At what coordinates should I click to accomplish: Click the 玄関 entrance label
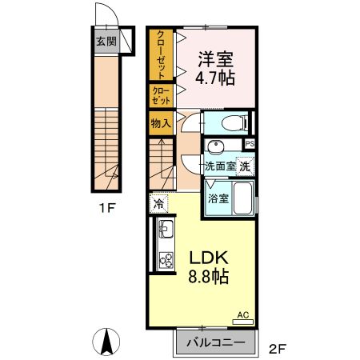click(x=106, y=42)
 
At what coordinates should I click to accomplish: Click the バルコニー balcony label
click(x=214, y=342)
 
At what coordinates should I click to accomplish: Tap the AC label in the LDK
click(x=242, y=316)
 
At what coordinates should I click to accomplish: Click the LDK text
click(x=209, y=258)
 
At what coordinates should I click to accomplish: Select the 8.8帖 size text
click(x=210, y=278)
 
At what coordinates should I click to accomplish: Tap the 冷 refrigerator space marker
click(x=158, y=202)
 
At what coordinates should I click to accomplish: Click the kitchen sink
click(x=166, y=233)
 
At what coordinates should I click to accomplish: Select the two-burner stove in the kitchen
click(x=166, y=261)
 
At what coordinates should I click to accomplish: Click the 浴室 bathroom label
click(x=218, y=198)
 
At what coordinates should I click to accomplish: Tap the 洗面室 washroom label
click(x=219, y=167)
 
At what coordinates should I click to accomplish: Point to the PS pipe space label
click(x=250, y=144)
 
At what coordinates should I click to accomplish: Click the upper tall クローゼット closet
click(x=160, y=54)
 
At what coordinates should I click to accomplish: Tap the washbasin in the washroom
click(x=214, y=149)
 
